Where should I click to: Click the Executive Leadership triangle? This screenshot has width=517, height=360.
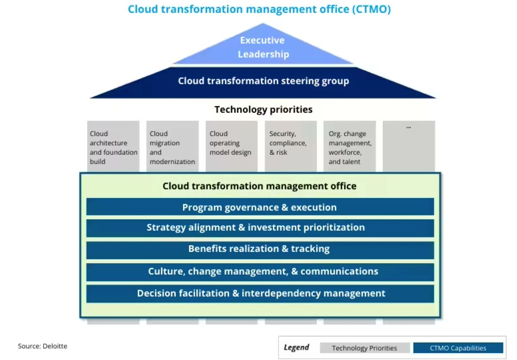[x=263, y=47]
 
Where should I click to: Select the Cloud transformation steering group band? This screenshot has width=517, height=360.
[x=263, y=81]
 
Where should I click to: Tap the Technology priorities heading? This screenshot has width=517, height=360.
[x=263, y=110]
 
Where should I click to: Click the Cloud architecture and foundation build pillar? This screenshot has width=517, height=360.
[x=113, y=147]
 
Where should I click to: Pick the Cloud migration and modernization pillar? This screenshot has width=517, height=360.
[x=172, y=147]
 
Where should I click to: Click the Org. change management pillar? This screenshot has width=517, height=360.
[x=349, y=147]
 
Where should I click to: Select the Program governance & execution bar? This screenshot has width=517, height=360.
[x=260, y=207]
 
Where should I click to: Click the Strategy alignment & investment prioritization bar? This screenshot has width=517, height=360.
[x=260, y=228]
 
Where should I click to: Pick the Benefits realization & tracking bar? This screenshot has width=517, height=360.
[x=260, y=249]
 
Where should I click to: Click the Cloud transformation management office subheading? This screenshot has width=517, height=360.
[x=259, y=186]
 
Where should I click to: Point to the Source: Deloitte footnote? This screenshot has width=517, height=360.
[x=42, y=346]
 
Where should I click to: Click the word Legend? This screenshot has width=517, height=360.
[x=296, y=347]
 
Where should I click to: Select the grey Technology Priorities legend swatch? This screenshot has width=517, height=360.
[x=364, y=348]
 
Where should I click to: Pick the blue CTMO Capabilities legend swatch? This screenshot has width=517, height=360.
[x=458, y=348]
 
